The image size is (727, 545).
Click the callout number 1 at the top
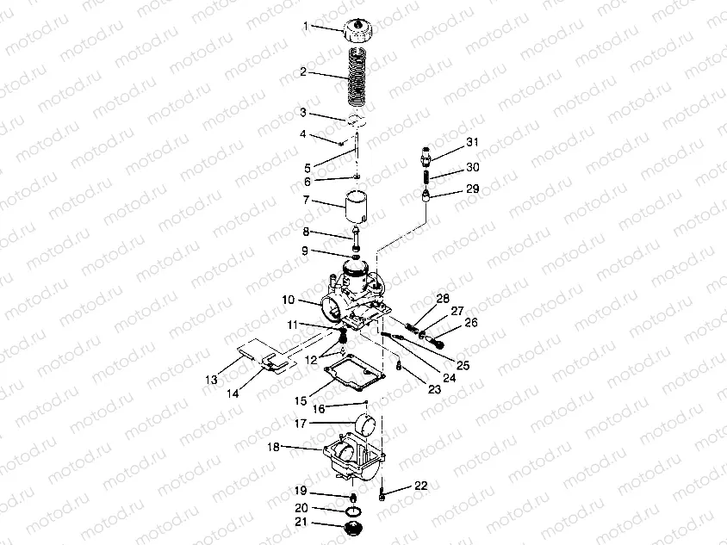306,26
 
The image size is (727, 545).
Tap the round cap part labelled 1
360,29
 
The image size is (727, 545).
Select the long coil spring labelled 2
357,77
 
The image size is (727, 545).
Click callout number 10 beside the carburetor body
289,300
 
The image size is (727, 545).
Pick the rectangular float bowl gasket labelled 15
355,372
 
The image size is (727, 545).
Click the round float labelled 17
366,424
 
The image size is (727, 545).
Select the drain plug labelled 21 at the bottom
353,528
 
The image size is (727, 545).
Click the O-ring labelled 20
354,511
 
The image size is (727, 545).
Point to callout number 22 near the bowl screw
421,486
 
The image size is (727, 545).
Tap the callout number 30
472,167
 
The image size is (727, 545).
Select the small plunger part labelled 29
426,194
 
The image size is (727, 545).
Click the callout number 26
471,323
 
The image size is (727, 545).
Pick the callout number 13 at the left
211,380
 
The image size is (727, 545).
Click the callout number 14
233,393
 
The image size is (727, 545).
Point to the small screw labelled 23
398,365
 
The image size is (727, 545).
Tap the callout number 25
463,365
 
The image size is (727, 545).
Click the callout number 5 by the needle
308,168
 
